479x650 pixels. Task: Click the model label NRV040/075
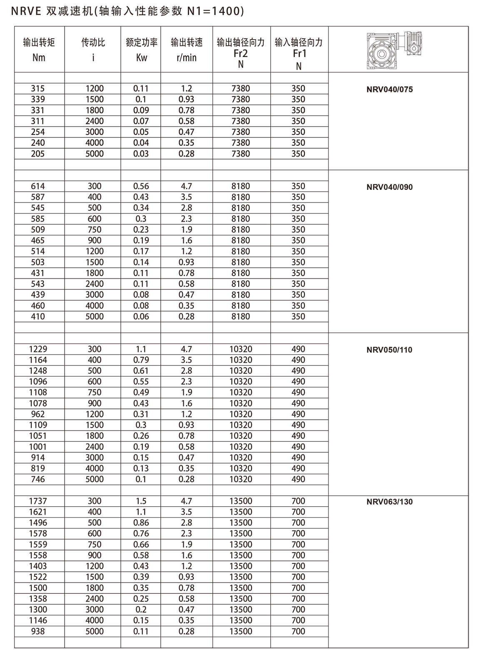pos(389,89)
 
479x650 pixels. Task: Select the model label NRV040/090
pos(389,187)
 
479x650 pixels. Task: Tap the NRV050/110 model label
pos(389,350)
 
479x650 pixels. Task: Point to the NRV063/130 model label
pos(389,502)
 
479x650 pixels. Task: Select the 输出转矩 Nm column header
pos(39,50)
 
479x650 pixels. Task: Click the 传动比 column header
pos(93,50)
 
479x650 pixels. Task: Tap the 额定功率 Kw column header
pos(141,50)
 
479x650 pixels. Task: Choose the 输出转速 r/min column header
pos(187,50)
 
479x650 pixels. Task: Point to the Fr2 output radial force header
pos(241,52)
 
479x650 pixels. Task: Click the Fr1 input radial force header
pos(299,52)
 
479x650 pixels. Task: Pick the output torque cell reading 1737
pos(38,501)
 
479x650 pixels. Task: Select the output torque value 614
pos(38,186)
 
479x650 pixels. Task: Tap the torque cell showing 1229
pos(38,349)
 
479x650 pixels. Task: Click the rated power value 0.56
pos(141,186)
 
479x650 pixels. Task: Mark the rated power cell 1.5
pos(141,501)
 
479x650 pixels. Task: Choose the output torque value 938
pos(38,631)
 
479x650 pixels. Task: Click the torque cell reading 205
pos(38,154)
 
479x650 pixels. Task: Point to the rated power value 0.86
pos(141,523)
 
